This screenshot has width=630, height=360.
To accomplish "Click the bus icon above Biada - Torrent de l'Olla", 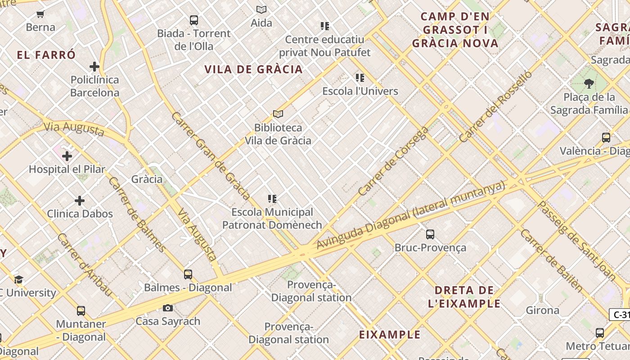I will click(x=193, y=20).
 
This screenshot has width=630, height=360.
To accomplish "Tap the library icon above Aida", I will click(x=261, y=9).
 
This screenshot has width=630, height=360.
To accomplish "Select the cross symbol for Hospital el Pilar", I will click(x=67, y=156).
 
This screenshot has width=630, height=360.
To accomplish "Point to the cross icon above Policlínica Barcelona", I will click(x=94, y=67).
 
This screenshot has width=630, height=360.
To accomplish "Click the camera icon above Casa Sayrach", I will click(x=168, y=308).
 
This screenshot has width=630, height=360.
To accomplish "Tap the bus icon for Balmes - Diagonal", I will click(x=188, y=274).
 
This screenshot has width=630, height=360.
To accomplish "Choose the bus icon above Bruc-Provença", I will click(x=430, y=234).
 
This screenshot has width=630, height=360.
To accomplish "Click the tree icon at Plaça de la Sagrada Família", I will click(x=589, y=83).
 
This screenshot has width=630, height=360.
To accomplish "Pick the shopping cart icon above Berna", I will click(x=40, y=14).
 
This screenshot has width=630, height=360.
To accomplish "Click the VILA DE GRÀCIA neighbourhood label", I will click(x=254, y=69).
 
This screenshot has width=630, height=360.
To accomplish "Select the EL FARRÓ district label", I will click(x=46, y=55).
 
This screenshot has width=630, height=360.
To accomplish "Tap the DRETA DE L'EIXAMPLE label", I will click(x=464, y=297).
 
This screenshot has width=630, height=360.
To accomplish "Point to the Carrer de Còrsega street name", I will click(x=393, y=161).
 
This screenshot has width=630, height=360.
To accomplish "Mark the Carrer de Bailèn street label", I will click(x=551, y=260).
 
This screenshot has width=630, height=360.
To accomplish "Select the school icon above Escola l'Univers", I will click(x=360, y=78).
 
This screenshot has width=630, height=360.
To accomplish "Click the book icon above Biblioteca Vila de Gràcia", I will click(x=278, y=114).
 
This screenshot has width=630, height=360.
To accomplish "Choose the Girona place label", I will click(x=543, y=310).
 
